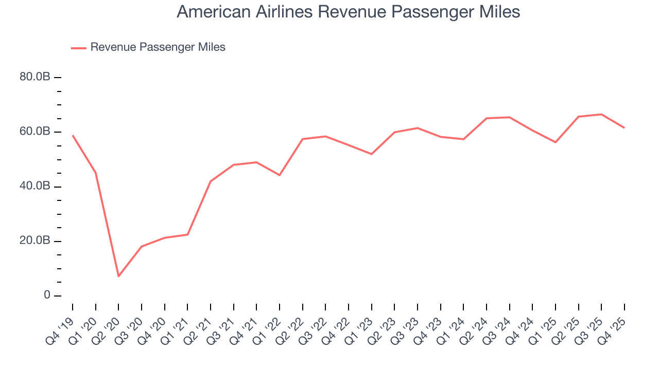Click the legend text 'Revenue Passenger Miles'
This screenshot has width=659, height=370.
tap(158, 47)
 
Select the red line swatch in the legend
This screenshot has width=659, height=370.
tap(79, 48)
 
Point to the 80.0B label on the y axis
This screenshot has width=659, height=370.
tap(35, 77)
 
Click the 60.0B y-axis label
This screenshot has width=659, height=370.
tap(35, 132)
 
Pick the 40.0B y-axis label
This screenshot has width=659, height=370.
tap(35, 187)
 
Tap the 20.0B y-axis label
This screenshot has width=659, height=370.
tap(35, 241)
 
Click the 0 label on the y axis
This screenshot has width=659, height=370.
tap(47, 295)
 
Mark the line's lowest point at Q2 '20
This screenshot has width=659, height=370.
tap(118, 276)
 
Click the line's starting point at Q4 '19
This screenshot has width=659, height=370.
tap(73, 136)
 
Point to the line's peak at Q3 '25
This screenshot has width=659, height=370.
tap(601, 114)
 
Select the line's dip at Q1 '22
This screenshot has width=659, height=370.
tap(280, 175)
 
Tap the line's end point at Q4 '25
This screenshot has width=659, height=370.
tap(624, 127)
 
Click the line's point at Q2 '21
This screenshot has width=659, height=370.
tap(211, 181)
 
